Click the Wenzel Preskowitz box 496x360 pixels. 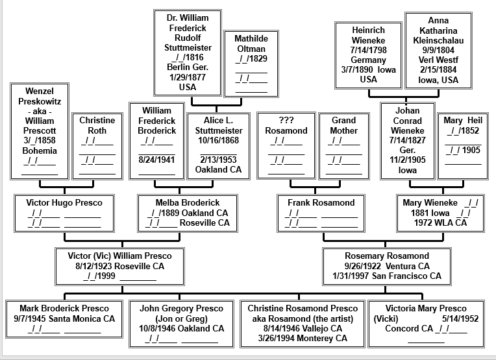40,131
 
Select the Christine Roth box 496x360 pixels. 97,146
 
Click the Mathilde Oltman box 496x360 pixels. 251,63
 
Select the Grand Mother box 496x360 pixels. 343,146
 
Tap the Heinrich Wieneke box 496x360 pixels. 368,54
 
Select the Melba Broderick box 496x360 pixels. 188,213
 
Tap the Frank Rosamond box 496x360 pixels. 321,213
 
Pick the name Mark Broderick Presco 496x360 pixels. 64,308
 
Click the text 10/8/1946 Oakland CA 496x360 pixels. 181,328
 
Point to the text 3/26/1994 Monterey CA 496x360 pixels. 303,338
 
